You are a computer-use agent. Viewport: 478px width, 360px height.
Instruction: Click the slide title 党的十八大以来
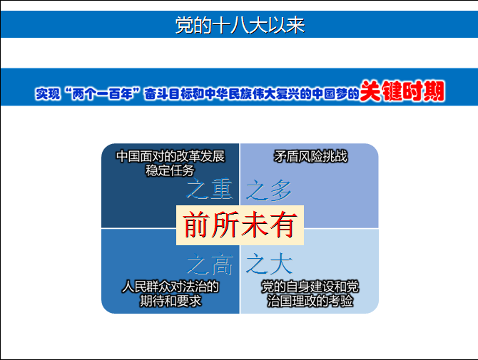240,25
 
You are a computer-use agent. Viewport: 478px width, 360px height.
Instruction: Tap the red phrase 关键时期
402,91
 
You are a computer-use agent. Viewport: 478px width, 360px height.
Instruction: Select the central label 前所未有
240,225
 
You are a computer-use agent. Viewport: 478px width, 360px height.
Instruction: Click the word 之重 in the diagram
210,189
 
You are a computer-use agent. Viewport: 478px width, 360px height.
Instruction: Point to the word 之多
269,190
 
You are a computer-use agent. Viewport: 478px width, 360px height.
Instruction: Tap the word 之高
210,264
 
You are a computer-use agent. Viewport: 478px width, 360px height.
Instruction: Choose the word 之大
269,264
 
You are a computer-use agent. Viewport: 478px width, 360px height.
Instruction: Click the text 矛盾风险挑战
310,157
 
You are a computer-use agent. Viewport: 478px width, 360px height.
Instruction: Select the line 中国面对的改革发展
171,156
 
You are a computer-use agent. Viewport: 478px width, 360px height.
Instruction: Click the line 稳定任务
170,170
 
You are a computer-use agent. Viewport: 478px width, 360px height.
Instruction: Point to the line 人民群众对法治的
171,287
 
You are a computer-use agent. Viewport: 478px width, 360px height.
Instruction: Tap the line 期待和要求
171,301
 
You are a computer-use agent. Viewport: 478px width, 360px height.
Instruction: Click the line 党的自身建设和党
310,287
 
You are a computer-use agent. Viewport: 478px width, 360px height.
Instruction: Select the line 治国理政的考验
310,301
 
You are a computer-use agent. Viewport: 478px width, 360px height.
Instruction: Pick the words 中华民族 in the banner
228,93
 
